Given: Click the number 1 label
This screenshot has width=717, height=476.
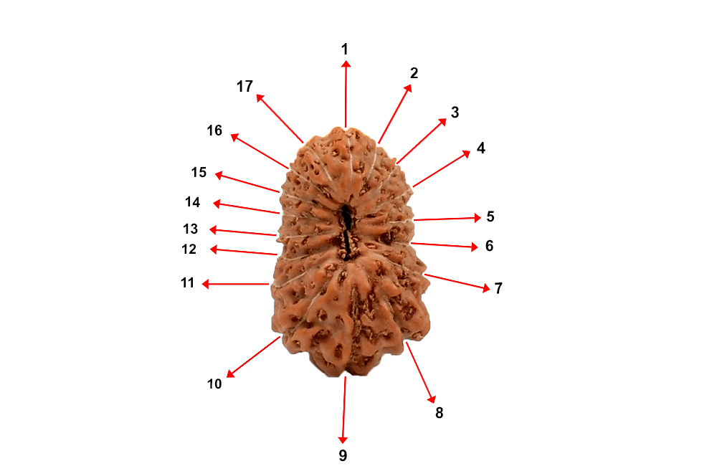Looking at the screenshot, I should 345,49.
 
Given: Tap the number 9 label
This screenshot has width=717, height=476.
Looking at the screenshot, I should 343,455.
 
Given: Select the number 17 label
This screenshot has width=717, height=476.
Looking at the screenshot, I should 244,87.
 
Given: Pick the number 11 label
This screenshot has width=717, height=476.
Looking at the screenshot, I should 187,283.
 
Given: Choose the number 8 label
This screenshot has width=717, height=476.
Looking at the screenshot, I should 440,413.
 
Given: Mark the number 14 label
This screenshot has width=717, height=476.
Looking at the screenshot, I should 192,202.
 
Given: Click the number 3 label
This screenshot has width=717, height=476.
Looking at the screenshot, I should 455,113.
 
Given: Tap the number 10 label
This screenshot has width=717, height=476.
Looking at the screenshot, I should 214,384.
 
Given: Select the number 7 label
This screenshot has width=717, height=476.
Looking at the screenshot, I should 498,289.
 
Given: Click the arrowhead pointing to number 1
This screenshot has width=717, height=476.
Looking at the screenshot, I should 346,64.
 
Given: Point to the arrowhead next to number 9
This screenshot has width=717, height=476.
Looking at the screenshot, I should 343,440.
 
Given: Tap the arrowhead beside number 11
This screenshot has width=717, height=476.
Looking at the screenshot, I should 204,285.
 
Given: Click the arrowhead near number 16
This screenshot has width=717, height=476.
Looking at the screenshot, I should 232,135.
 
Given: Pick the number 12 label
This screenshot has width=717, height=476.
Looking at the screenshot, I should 189,249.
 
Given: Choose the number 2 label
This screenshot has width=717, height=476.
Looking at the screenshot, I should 414,73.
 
